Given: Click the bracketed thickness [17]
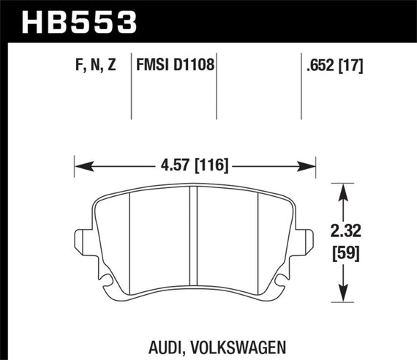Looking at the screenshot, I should pyautogui.click(x=353, y=66).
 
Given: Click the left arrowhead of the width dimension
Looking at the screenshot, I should pyautogui.click(x=80, y=166).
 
